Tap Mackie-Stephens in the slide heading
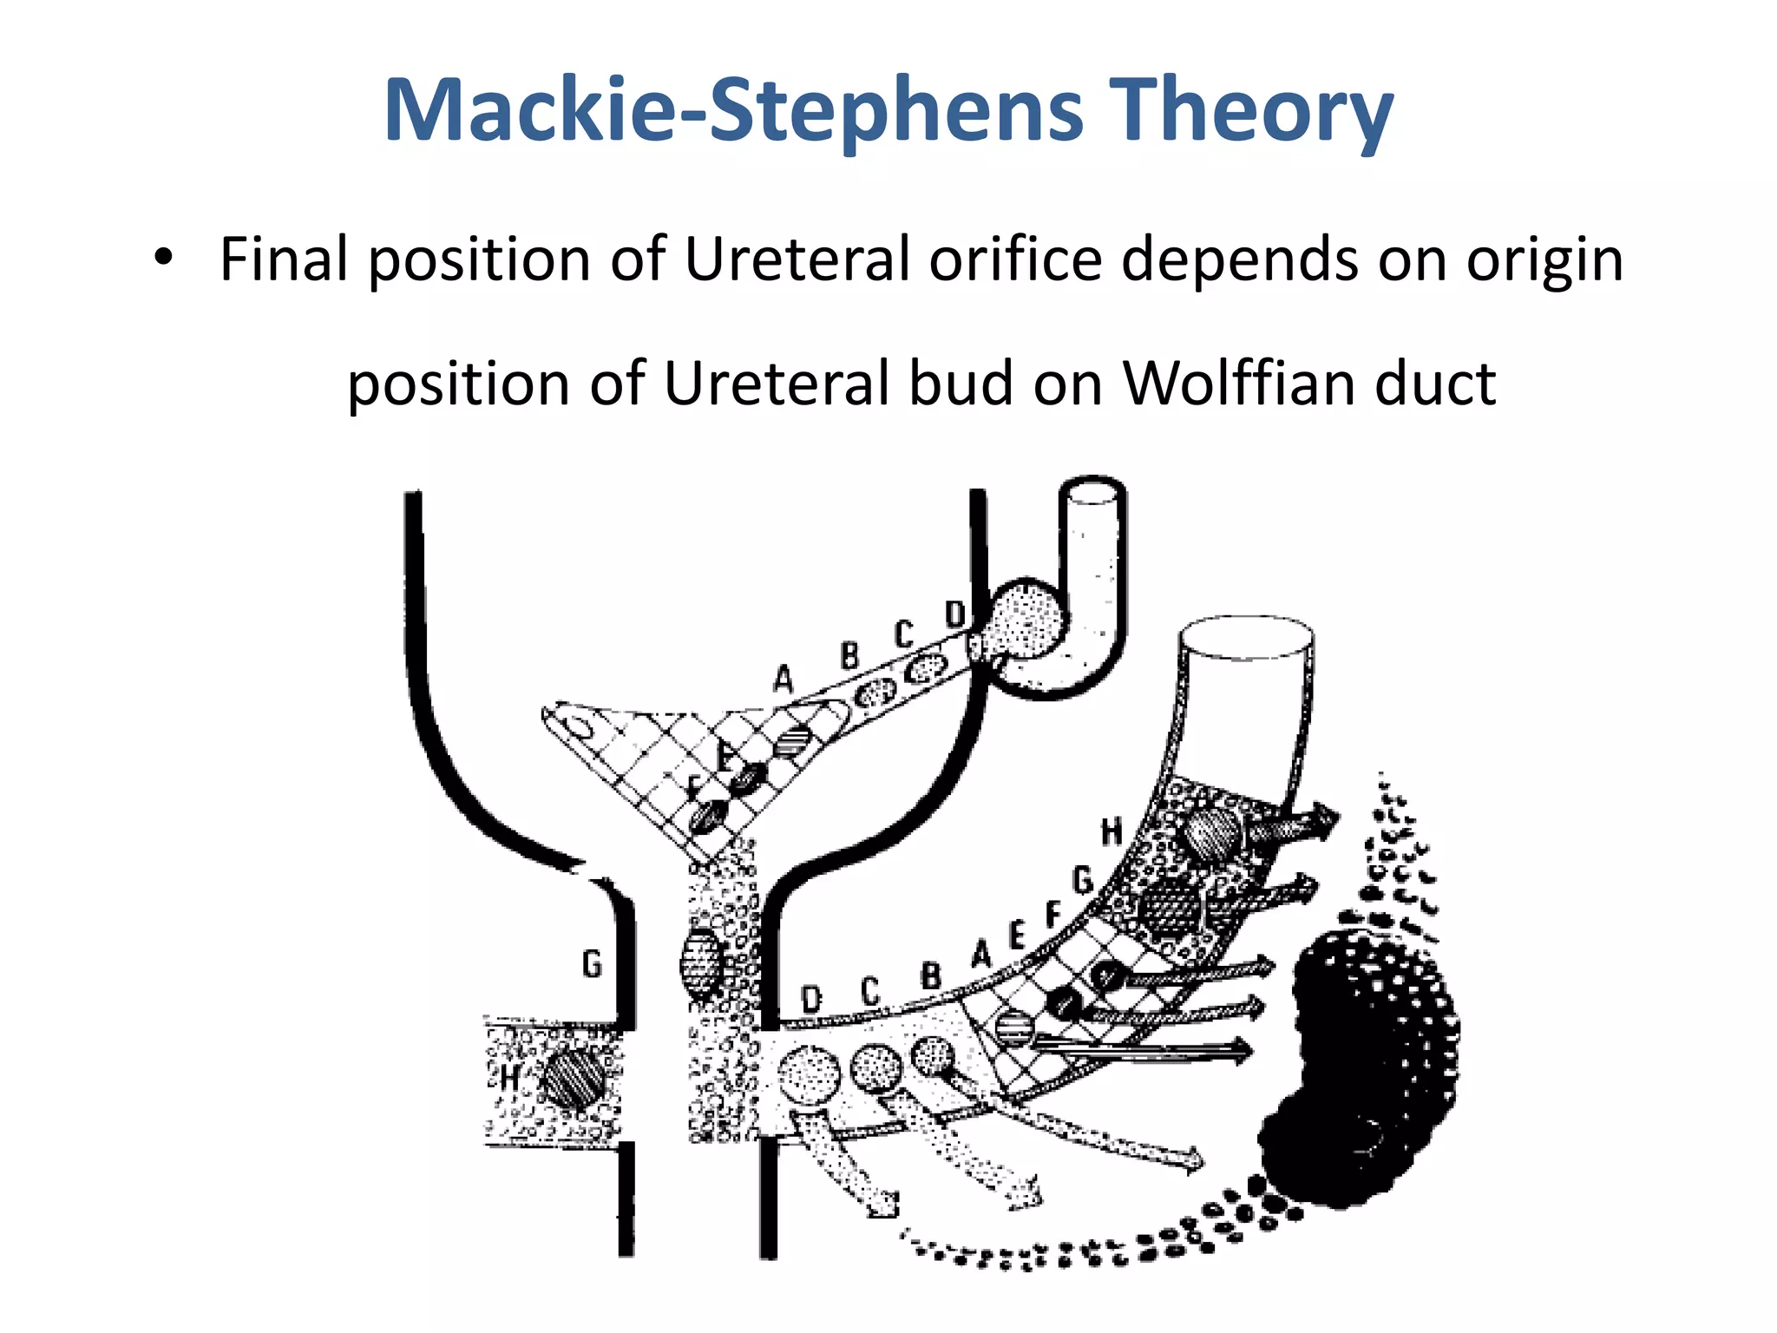[x=733, y=111]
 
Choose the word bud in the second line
[x=961, y=383]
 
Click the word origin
[x=1544, y=260]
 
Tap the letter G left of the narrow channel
[x=592, y=963]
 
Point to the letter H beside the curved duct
[x=1111, y=831]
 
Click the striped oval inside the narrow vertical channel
[x=701, y=963]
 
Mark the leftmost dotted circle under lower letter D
[x=809, y=1076]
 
